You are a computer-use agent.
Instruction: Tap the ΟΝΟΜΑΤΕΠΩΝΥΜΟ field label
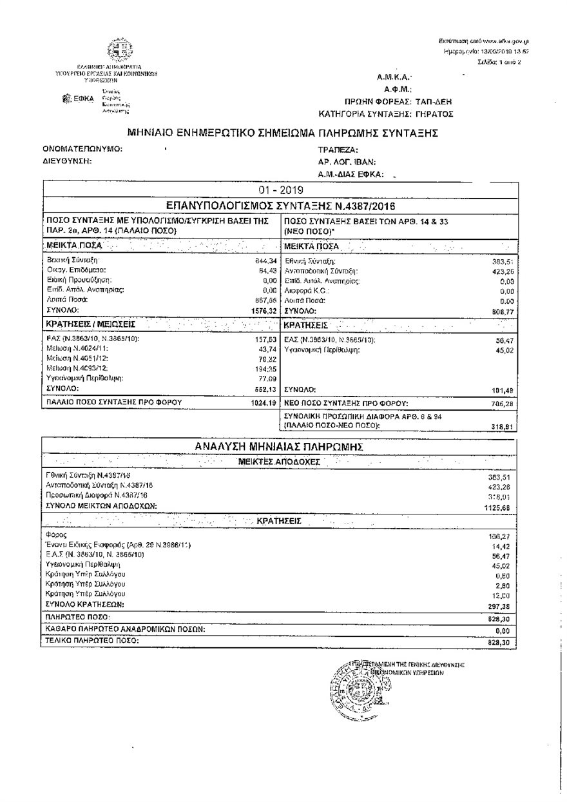tap(82, 149)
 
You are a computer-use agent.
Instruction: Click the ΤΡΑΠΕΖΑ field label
tap(338, 150)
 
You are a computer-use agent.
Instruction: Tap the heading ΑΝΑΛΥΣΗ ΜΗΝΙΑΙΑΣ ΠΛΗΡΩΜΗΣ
tap(280, 446)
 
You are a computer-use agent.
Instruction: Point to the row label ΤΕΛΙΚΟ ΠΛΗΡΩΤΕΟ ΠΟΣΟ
tap(92, 641)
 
